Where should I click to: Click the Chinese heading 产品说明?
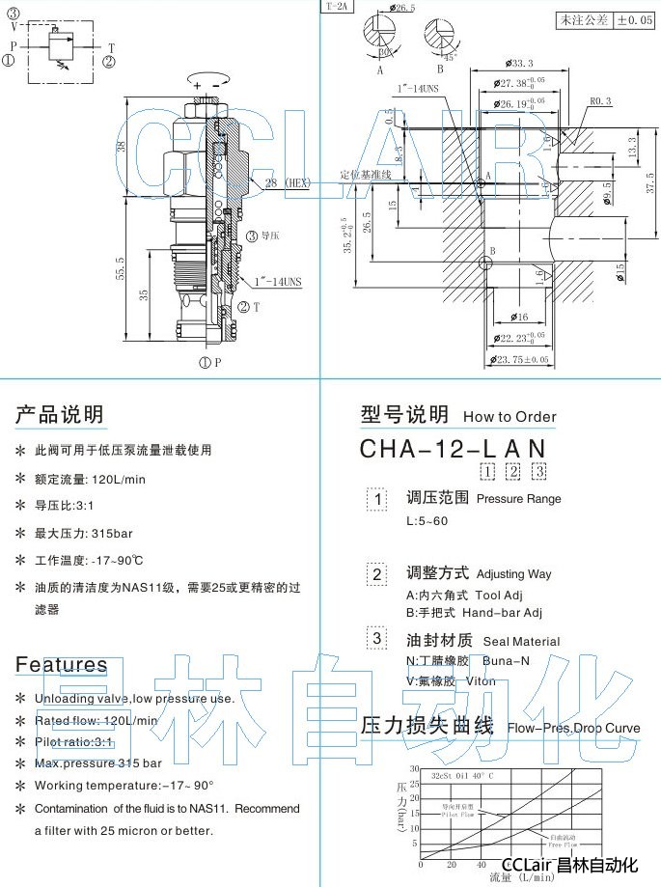pos(59,416)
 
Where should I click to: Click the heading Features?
pos(61,664)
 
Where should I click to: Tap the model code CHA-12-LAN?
pos(453,449)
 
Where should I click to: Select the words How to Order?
pos(510,417)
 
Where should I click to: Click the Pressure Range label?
pos(518,499)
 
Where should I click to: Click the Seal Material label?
pos(521,641)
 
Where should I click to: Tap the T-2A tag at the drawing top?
pos(338,6)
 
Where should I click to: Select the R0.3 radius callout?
pos(600,99)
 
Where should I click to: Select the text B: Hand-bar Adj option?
pos(474,612)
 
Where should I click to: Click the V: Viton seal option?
pos(451,680)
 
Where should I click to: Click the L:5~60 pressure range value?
pos(427,521)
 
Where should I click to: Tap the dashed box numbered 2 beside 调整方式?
pos(377,574)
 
